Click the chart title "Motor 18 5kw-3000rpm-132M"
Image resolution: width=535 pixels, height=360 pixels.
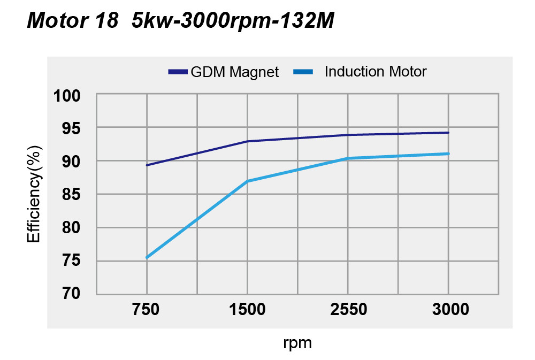point(180,20)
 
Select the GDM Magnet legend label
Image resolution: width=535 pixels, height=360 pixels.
point(235,72)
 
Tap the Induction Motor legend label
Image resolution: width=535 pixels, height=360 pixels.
point(375,72)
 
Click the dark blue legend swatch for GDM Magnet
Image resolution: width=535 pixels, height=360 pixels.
point(178,72)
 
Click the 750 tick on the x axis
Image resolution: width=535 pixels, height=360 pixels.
point(147,310)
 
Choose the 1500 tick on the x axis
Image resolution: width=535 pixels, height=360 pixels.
point(247,310)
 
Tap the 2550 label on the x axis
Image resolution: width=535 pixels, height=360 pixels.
point(348,310)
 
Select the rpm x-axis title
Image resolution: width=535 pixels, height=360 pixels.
point(297,342)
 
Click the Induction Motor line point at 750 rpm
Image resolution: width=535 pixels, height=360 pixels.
point(147,258)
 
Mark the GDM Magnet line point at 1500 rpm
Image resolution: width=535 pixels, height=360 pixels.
point(247,141)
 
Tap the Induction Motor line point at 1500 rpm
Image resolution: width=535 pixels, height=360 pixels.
point(247,181)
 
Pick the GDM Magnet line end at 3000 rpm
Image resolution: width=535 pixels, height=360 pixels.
point(448,133)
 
